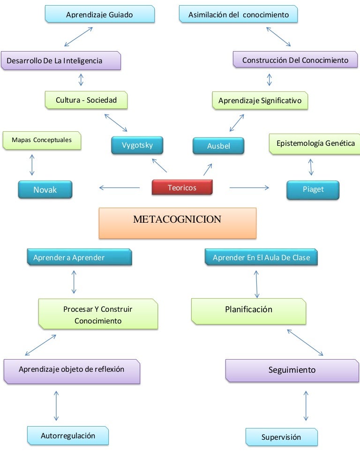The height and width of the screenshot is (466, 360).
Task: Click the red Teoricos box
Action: coord(182,188)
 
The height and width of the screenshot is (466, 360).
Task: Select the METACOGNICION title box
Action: coord(177,222)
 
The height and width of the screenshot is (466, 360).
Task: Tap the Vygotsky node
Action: coord(138,145)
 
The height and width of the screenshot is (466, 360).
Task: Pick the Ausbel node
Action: coord(218,146)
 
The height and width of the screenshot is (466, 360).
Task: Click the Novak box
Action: coord(45,190)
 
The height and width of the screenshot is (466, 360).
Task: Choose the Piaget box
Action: coord(313,190)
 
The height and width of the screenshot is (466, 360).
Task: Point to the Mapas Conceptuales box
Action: coord(42,140)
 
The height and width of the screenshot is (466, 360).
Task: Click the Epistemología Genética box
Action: coord(315,143)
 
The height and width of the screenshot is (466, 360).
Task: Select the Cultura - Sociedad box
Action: coord(86,100)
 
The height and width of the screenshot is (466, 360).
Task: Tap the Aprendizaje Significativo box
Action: coord(260,101)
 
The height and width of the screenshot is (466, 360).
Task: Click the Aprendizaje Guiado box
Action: coord(99,15)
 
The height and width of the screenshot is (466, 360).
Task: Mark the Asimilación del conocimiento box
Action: coord(238,15)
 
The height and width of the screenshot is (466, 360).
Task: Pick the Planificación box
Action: coord(248,310)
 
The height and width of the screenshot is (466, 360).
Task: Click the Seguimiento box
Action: coord(292,370)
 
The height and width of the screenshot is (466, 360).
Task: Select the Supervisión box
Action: coord(281,437)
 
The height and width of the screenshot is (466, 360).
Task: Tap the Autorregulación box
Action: coord(68,436)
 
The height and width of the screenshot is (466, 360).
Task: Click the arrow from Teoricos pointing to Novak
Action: coord(120,188)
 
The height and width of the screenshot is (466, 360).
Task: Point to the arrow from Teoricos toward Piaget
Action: coord(249,188)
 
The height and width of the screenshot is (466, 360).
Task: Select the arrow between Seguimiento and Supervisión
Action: coord(306,406)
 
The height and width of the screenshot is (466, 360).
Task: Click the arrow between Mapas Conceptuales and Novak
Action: coord(32,165)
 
